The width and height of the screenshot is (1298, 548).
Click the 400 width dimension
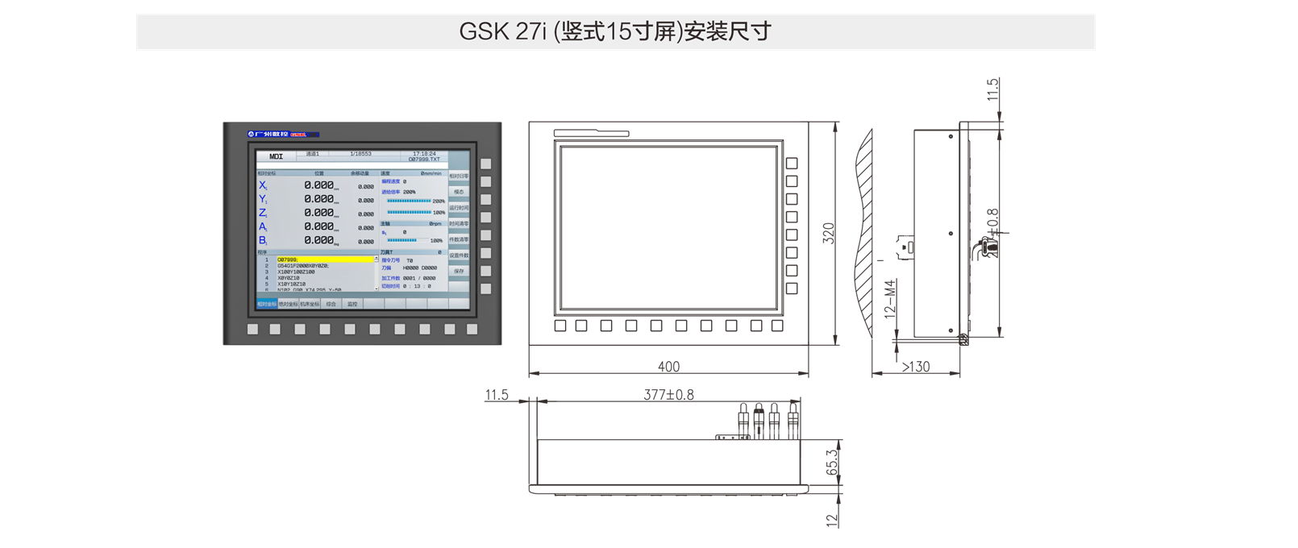point(668,367)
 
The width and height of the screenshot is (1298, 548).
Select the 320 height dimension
point(828,233)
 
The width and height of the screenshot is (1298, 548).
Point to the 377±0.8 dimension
point(668,394)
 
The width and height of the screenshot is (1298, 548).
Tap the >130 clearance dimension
point(915,367)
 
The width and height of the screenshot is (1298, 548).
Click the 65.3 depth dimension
point(832,463)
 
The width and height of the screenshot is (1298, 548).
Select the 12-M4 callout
point(890,298)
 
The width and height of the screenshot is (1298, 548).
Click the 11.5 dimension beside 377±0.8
point(497,394)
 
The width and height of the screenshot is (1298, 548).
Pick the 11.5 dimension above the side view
point(993,89)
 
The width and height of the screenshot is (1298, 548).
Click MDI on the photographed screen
point(276,156)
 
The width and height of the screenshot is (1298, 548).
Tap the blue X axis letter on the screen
point(263,185)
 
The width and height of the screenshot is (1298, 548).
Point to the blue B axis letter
point(263,240)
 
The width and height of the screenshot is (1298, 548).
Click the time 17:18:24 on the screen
point(424,153)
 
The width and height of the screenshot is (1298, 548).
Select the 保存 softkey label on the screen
point(459,272)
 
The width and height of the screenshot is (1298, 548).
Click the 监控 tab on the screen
point(352,304)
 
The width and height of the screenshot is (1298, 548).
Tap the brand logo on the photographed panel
point(283,134)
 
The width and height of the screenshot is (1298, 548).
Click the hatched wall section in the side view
point(865,234)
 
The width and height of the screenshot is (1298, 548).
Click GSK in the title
point(484,31)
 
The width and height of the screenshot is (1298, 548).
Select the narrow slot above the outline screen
point(591,133)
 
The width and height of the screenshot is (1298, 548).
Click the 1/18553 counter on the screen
point(360,153)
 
